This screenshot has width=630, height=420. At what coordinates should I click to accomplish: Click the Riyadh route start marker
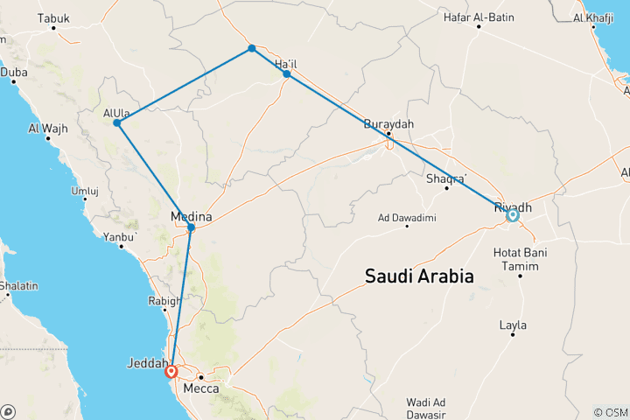point(512,214)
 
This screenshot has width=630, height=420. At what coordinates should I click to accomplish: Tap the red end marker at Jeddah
point(173,371)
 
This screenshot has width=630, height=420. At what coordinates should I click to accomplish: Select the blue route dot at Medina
point(191,227)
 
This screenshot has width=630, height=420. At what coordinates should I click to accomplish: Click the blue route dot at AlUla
point(116,123)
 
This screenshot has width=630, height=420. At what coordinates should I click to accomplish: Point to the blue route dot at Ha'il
point(287,74)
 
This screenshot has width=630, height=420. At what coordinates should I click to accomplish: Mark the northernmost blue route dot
point(252,48)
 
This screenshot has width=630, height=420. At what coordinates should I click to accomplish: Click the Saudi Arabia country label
point(419,277)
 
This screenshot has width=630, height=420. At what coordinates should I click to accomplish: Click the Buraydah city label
point(388,124)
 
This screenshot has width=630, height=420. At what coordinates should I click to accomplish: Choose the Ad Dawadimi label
point(407,217)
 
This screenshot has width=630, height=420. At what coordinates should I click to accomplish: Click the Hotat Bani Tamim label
point(521,259)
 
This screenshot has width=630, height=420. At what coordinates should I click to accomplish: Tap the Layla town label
point(513,325)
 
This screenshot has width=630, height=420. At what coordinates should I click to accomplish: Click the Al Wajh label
point(48,129)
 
